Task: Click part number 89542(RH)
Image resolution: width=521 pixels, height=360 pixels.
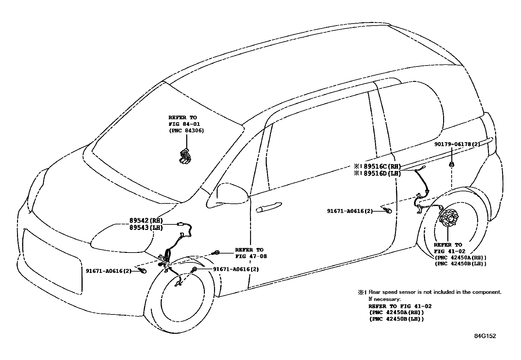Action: (146, 221)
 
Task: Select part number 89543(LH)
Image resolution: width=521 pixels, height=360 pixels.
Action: (146, 228)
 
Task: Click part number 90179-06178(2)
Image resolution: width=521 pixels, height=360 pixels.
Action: (457, 144)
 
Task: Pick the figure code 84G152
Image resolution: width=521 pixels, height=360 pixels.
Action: (485, 336)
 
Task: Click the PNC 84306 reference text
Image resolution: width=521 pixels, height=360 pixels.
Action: (186, 131)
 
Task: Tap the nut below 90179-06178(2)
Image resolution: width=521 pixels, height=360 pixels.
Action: (451, 164)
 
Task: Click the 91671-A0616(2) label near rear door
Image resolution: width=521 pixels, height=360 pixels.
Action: (350, 211)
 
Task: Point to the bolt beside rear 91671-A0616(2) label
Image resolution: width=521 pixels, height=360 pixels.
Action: (388, 211)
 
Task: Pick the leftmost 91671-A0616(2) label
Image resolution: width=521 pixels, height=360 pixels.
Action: (108, 271)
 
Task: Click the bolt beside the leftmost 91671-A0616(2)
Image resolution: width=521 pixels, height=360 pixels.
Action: (143, 271)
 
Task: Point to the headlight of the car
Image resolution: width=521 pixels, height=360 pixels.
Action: (121, 237)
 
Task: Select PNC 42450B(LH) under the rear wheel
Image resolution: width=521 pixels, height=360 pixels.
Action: (460, 263)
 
